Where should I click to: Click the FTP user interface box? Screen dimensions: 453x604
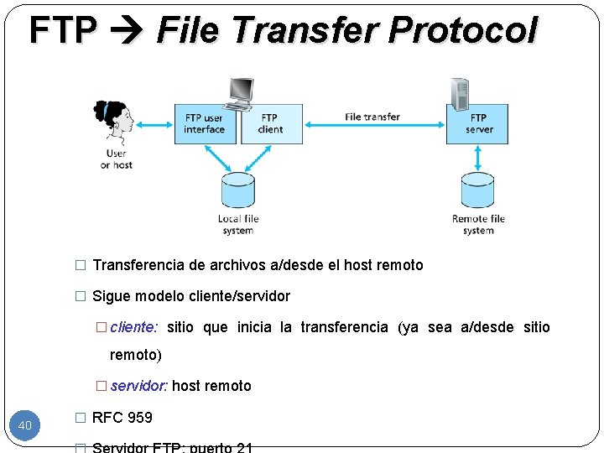point(205,123)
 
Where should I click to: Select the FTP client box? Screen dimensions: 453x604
point(271,123)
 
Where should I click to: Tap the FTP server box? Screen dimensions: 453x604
point(477,123)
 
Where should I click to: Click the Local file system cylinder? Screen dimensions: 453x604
point(237,190)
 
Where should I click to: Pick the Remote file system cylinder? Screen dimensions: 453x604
point(478,190)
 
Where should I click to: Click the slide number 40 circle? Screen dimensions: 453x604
point(24,425)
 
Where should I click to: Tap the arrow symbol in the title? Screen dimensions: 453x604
point(127,31)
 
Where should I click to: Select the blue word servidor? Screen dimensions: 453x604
point(139,386)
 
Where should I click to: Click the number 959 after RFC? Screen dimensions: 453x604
point(138,417)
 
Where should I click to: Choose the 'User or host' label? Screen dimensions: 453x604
point(117,159)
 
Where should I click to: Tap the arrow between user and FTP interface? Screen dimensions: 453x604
point(154,124)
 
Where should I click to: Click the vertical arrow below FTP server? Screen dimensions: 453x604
point(478,157)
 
